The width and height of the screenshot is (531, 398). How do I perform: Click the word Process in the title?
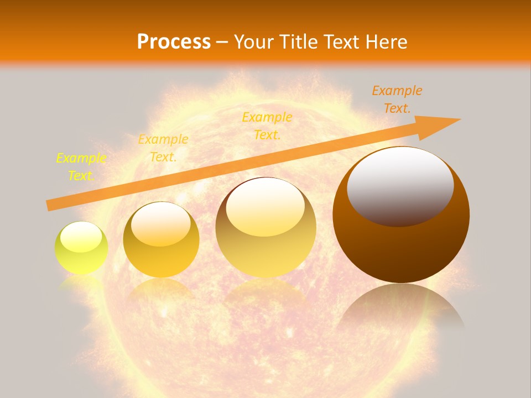pos(174,41)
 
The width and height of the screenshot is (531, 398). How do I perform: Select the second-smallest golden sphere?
pos(161,240)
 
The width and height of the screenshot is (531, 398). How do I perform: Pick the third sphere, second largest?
pos(266,228)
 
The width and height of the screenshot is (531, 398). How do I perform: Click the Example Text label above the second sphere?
pos(163,148)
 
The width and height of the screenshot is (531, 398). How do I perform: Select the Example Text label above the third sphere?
pos(267,125)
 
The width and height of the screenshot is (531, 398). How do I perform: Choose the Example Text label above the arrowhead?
pos(397,99)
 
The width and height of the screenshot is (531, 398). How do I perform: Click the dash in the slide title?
pos(222,41)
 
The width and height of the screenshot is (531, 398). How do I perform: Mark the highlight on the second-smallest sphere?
pos(160,224)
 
